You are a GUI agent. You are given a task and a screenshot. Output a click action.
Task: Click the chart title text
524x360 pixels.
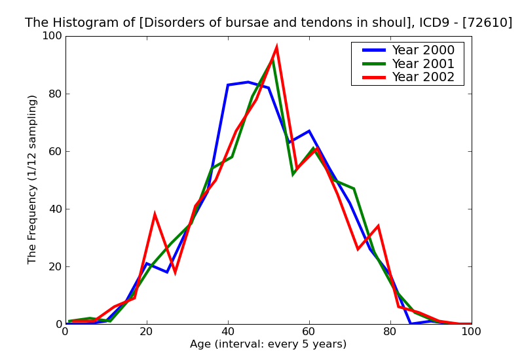point(269,23)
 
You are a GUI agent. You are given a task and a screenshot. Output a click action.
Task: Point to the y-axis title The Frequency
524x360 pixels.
point(33,179)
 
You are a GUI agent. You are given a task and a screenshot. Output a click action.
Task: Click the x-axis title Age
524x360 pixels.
point(268,344)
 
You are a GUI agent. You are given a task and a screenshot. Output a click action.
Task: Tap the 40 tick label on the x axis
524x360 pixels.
point(228,332)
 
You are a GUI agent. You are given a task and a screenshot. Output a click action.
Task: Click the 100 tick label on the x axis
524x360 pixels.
point(471,332)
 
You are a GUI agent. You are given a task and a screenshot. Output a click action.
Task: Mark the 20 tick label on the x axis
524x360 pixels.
point(147,332)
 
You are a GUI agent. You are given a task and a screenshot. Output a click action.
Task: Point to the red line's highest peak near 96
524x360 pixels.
point(276,47)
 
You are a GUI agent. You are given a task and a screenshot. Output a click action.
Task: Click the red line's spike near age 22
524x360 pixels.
point(155,215)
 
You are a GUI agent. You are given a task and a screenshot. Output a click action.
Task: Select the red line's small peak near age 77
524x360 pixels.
point(378,226)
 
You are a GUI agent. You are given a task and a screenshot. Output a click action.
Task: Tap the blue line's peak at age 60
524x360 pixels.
point(309,131)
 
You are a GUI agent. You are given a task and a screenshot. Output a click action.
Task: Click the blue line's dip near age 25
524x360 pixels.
point(167,272)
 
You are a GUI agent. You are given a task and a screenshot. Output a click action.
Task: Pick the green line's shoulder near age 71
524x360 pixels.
point(354,189)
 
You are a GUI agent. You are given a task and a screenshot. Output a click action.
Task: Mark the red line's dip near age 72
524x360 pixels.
point(358,249)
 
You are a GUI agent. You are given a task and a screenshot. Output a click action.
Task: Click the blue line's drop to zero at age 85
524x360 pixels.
point(411,323)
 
